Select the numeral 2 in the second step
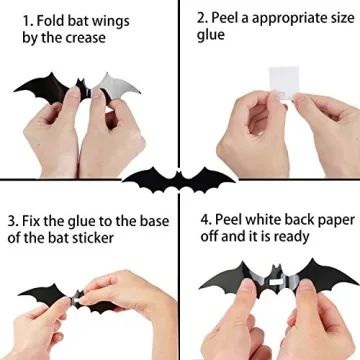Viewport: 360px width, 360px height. (202, 18)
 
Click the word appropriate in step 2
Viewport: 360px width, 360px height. (280, 18)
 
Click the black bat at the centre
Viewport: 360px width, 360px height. (180, 181)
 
